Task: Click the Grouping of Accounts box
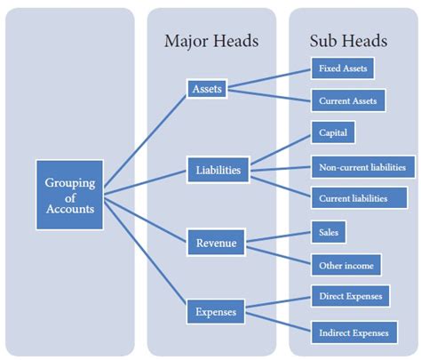pos(69,195)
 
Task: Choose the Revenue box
pos(216,241)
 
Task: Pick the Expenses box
pos(217,312)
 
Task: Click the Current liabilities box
pos(352,198)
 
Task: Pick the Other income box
pos(346,265)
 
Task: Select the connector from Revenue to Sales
pos(278,236)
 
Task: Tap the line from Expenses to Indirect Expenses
pos(278,321)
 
